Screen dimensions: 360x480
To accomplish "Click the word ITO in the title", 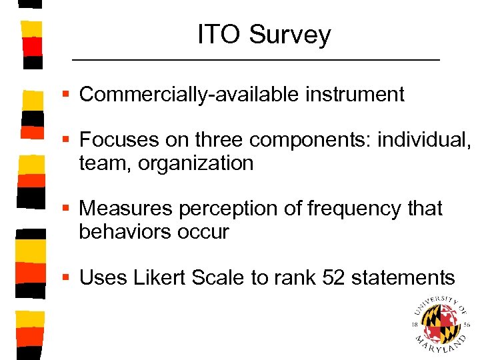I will coord(219,35).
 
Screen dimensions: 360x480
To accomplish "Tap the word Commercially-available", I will coord(189,95).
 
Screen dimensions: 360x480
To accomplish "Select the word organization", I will coord(196,163).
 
